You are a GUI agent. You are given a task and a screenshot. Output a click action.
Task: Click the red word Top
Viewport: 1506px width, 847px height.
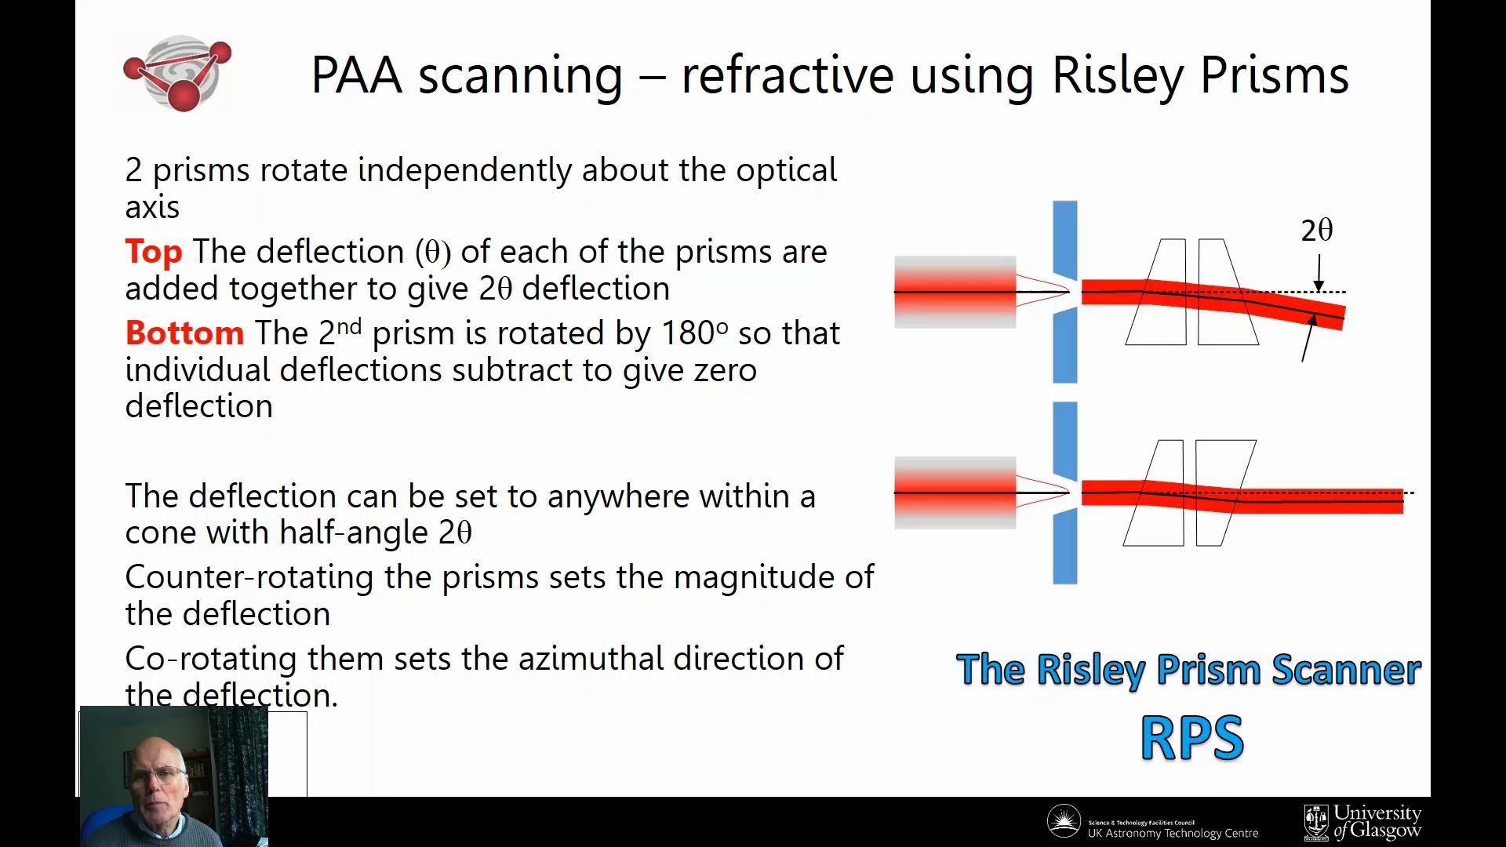point(154,252)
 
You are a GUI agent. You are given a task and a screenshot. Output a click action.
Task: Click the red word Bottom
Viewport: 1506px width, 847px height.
point(184,333)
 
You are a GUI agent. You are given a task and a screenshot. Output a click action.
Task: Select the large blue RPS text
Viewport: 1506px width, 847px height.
point(1191,738)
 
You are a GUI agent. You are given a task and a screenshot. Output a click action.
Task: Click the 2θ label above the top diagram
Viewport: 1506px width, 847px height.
point(1316,231)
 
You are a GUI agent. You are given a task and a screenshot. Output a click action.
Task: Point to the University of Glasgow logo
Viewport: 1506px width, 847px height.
point(1363,822)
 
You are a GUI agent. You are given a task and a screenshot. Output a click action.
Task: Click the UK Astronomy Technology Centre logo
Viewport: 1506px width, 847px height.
point(1152,823)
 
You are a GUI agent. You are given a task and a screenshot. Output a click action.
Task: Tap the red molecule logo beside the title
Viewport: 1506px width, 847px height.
point(179,73)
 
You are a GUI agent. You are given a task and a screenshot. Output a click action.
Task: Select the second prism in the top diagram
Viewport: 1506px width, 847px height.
point(1226,292)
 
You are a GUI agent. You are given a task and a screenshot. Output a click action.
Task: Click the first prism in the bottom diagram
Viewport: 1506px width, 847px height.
point(1155,493)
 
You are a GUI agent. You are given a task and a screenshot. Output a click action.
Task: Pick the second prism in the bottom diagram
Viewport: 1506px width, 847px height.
point(1224,493)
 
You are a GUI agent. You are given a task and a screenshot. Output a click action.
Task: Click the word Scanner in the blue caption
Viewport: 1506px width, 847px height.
point(1346,671)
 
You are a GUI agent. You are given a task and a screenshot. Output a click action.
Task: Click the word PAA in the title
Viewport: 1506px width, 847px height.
point(357,76)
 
